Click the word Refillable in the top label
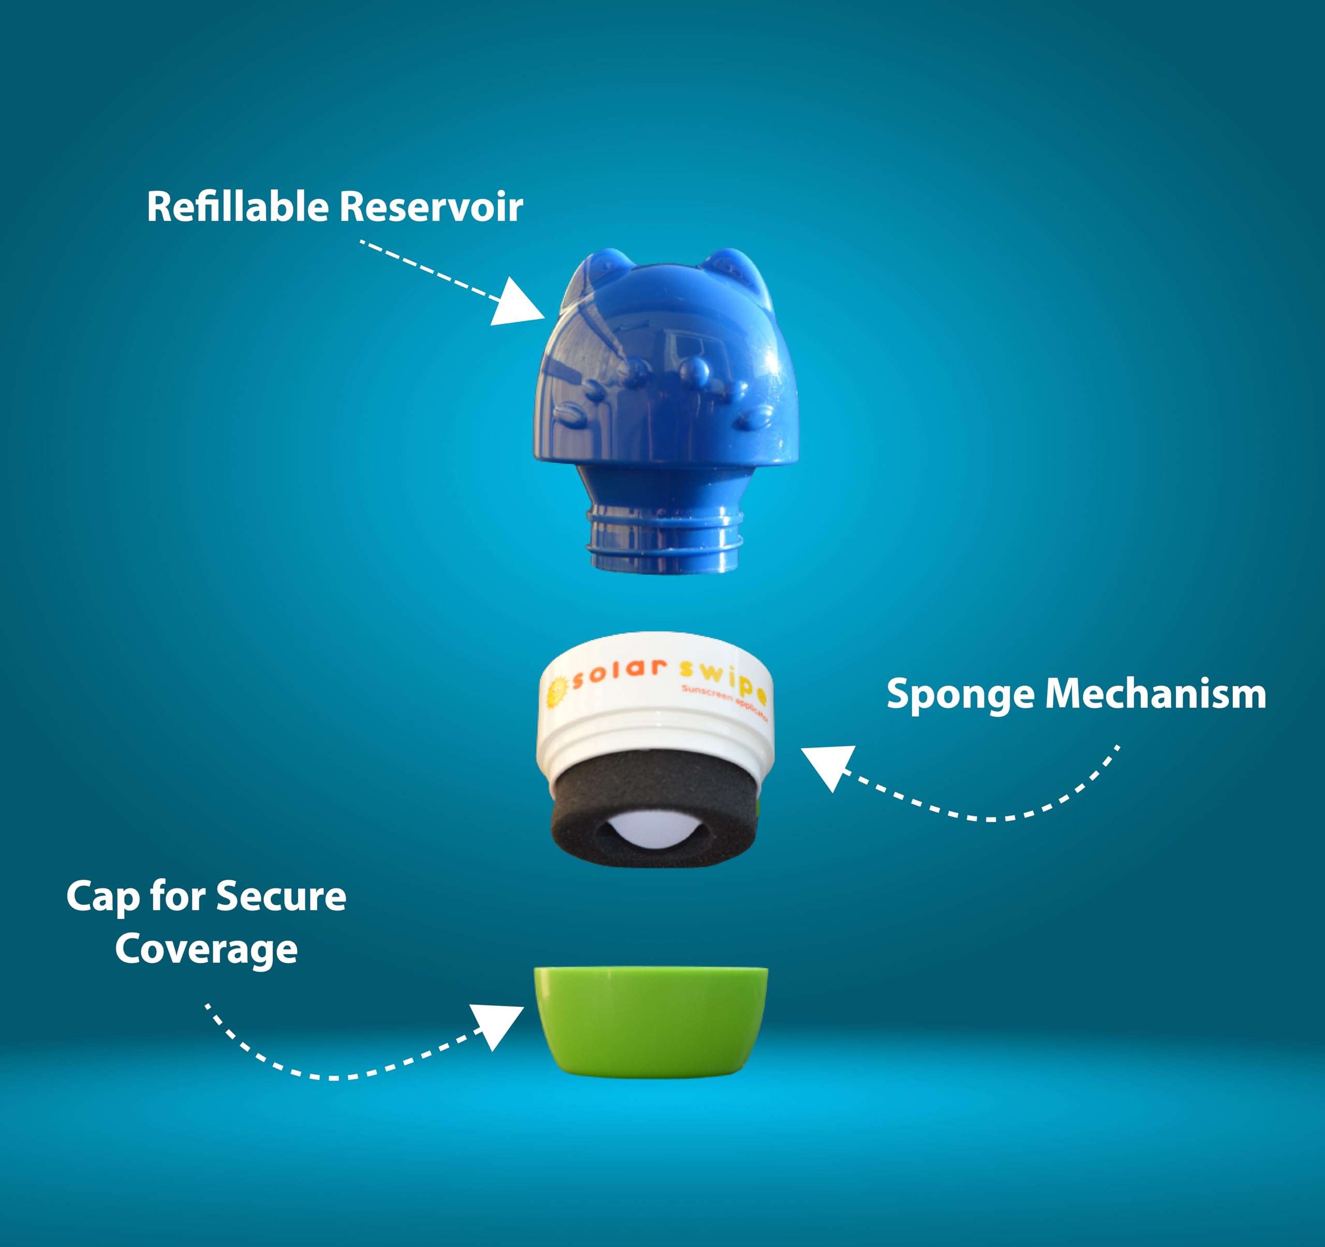pyautogui.click(x=237, y=206)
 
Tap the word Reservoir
pyautogui.click(x=431, y=206)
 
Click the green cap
pyautogui.click(x=650, y=1019)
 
